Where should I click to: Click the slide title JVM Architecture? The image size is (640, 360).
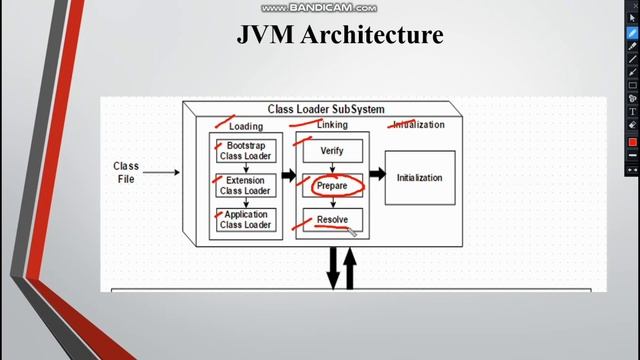pos(340,35)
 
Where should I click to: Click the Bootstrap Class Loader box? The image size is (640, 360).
pos(245,151)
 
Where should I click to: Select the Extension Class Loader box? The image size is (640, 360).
pos(245,186)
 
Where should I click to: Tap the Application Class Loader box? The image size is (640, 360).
pos(245,219)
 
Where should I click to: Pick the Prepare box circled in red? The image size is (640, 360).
pos(332,186)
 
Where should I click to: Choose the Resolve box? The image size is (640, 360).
pos(332,219)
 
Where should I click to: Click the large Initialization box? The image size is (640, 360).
pos(419,178)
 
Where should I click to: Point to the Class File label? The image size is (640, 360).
pos(126,172)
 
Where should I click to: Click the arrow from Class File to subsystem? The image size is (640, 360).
pos(163,173)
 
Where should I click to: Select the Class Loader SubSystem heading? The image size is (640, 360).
pos(326,109)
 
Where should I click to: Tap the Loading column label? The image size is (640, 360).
pos(245,126)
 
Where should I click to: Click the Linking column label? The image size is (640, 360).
pos(332,125)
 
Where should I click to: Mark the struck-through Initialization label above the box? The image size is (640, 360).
pos(419,125)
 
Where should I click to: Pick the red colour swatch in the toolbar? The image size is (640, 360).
pos(632,142)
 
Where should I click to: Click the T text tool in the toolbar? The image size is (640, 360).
pos(632,111)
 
